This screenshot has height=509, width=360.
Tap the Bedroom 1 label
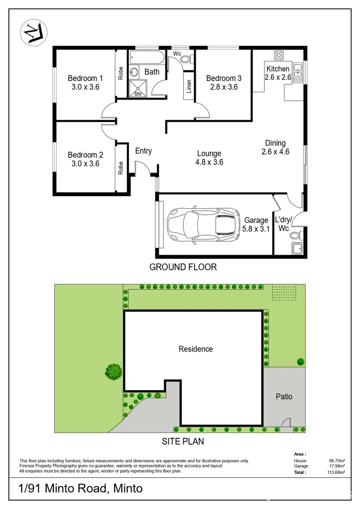85,78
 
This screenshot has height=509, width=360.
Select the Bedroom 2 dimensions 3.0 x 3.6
85,164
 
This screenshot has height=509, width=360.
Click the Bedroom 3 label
224,78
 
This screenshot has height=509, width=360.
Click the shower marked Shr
138,88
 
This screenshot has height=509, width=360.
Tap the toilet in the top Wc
186,59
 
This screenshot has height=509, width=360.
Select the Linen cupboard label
189,87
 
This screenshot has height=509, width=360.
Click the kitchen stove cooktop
278,56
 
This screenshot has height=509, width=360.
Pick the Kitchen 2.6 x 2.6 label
278,73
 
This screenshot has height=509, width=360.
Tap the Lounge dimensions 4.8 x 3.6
209,162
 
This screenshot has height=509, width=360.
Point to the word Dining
275,143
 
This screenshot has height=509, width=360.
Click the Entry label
143,151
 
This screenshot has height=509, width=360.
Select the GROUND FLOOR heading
183,267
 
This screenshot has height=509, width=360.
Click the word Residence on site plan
196,349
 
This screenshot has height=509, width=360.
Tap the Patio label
284,396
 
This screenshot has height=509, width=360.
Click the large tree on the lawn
114,372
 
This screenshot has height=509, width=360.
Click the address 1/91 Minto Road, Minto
81,489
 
